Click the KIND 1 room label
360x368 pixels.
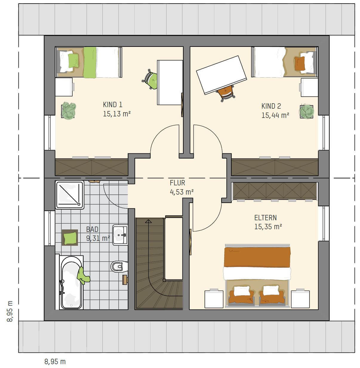point(113,104)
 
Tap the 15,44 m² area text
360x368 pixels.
point(275,115)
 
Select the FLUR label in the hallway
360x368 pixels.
point(177,183)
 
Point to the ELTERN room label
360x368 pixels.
point(265,218)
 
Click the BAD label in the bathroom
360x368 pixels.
point(92,230)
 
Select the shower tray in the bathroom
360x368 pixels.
point(70,195)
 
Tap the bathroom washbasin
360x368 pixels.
point(120,235)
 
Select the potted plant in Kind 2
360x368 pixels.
point(307,112)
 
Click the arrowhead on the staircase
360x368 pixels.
point(148,221)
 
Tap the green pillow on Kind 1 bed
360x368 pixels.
point(73,61)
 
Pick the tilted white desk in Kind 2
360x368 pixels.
point(221,75)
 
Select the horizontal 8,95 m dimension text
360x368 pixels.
point(55,362)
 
